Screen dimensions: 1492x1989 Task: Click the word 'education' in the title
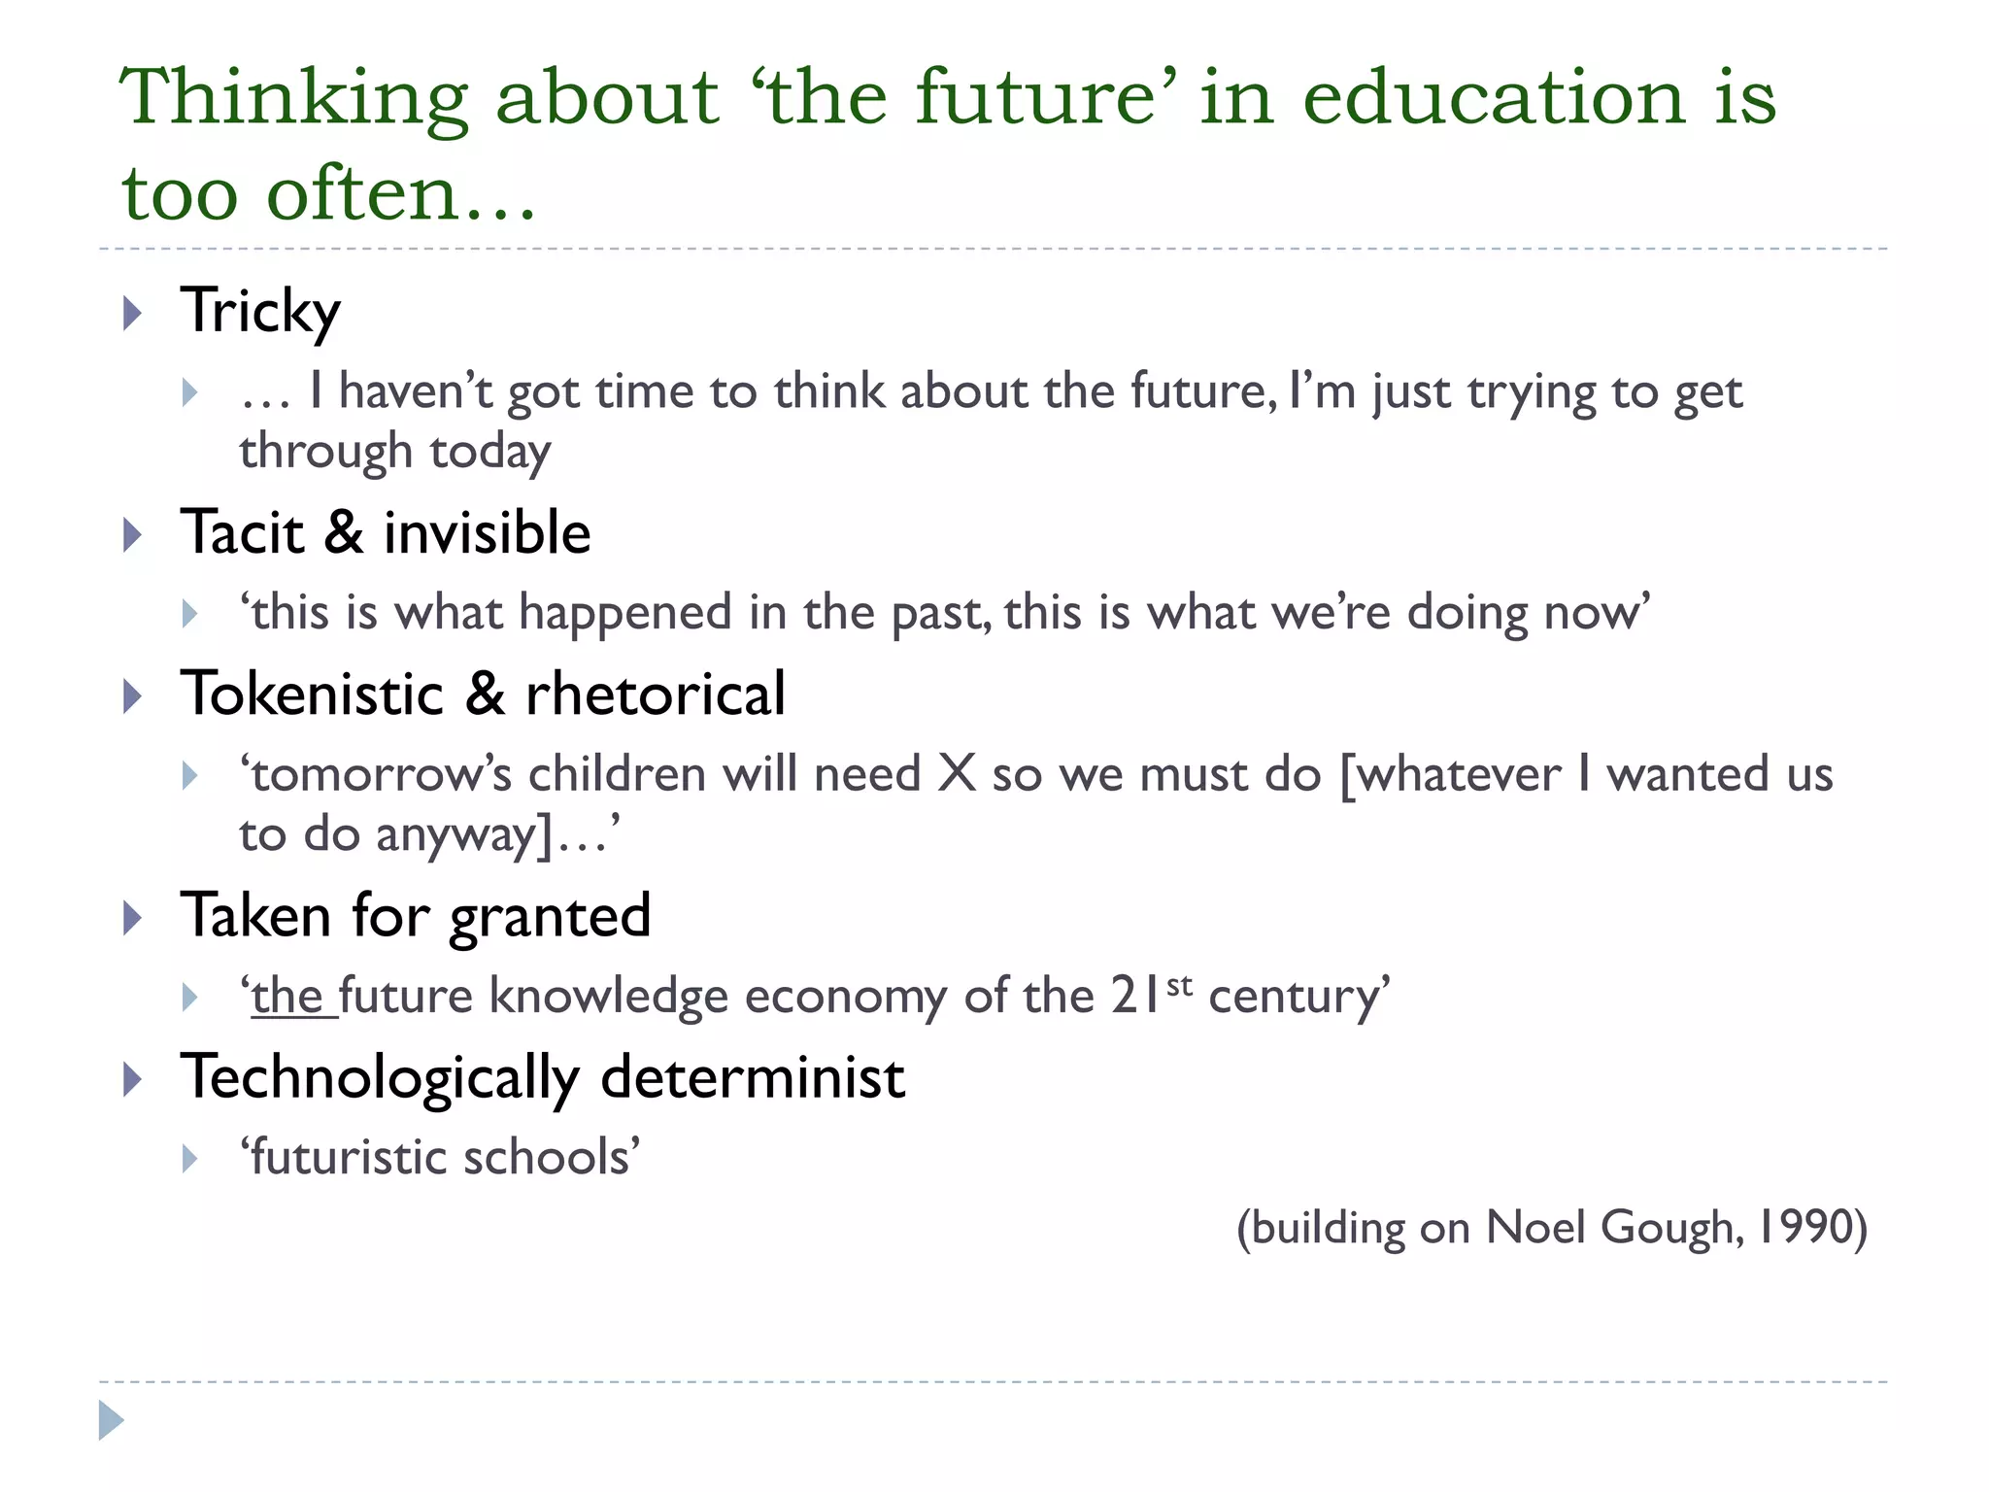(x=1493, y=97)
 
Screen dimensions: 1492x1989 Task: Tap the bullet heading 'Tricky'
(x=260, y=312)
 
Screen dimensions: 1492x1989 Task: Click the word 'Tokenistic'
(x=312, y=695)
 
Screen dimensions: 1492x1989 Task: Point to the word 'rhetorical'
(x=655, y=695)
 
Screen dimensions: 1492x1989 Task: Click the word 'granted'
(x=550, y=917)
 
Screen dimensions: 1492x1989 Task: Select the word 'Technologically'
(x=380, y=1078)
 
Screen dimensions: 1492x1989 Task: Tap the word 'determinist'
(x=753, y=1078)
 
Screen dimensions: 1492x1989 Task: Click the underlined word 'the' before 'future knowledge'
(x=288, y=997)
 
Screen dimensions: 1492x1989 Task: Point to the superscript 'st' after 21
(x=1179, y=986)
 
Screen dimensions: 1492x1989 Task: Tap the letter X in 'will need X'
(x=957, y=775)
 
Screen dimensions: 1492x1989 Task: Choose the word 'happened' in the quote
(x=624, y=613)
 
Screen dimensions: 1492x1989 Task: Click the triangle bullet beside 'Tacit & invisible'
(x=133, y=535)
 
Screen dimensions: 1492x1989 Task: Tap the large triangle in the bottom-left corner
(x=111, y=1420)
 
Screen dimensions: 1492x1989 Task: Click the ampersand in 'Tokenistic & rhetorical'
(x=485, y=695)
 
